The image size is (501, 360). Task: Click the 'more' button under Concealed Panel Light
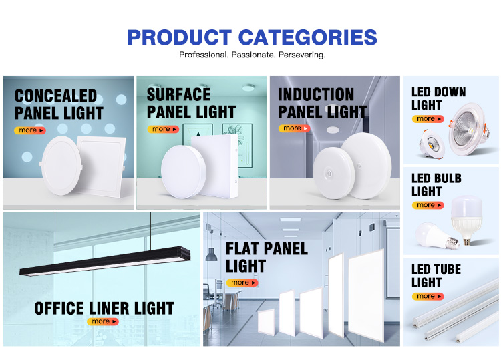pos(30,130)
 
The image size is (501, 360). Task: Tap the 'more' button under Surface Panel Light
pos(163,129)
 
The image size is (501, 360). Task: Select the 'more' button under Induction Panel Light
pos(295,128)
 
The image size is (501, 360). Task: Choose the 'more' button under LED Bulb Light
pos(428,205)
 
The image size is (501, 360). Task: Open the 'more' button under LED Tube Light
pos(428,296)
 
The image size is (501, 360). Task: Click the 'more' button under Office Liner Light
pos(103,321)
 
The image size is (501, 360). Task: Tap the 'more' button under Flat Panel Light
pos(242,283)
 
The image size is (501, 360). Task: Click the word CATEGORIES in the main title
pos(308,37)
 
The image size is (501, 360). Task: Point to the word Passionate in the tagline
pos(253,55)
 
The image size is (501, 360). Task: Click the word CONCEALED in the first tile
pos(55,96)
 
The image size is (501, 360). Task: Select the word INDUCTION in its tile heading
pos(316,94)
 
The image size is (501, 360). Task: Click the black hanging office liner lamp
pos(105,261)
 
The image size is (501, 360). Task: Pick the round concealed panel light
pos(61,166)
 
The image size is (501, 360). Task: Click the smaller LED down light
pos(432,144)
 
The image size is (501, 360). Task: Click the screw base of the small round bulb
pos(452,242)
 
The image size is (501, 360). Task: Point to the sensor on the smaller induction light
pos(329,174)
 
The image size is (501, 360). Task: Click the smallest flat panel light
pos(266,322)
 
